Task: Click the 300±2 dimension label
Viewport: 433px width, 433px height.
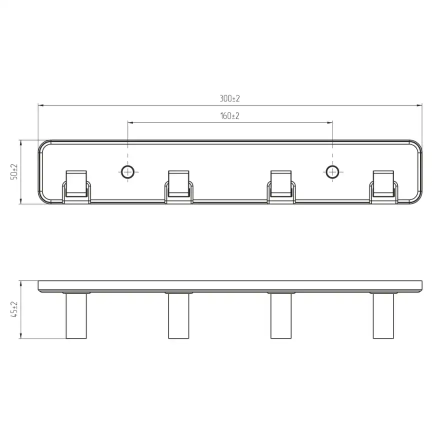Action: (x=230, y=98)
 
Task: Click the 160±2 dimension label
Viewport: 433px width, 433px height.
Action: (x=230, y=115)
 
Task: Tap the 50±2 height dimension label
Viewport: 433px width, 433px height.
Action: (x=14, y=172)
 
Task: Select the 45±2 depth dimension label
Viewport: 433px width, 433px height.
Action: (x=14, y=309)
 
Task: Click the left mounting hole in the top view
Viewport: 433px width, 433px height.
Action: (x=127, y=172)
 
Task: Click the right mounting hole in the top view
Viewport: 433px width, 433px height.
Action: (x=332, y=172)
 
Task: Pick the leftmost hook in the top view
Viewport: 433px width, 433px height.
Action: (x=76, y=187)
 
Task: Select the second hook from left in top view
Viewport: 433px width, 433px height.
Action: (x=178, y=187)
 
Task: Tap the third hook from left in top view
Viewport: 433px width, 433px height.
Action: (x=281, y=187)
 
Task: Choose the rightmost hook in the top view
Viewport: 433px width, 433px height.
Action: (x=383, y=187)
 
